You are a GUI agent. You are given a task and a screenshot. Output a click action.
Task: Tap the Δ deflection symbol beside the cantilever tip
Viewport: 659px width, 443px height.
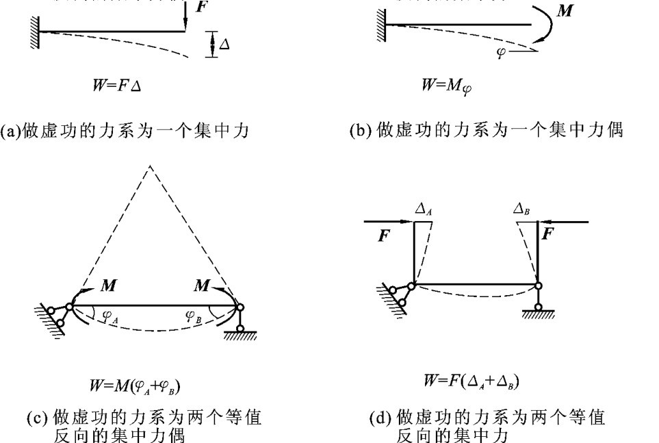[x=224, y=43]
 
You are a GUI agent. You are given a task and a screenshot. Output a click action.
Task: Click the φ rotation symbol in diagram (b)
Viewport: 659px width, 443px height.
[x=502, y=52]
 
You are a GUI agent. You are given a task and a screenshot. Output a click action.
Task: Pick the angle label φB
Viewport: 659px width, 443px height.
[x=194, y=316]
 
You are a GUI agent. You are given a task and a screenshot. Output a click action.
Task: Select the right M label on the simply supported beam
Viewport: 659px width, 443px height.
[x=201, y=286]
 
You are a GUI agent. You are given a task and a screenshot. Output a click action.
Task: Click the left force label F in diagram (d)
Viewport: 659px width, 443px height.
[x=384, y=237]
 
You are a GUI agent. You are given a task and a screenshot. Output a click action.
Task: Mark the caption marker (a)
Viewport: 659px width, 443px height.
[x=12, y=130]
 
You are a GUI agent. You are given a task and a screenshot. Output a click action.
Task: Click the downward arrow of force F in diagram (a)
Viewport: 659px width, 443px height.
[x=185, y=21]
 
